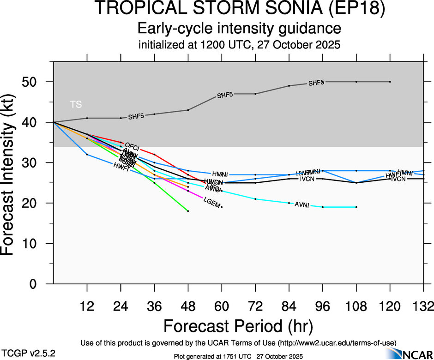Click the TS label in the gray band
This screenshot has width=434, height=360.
76,104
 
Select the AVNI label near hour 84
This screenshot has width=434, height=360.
302,204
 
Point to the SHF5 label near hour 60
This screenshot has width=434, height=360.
225,96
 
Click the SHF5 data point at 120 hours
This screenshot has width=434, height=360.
390,82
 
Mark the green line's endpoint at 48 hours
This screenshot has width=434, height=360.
188,211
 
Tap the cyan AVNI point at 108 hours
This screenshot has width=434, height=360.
356,207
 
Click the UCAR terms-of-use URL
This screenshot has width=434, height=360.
337,343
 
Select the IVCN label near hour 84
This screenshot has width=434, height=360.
307,179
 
